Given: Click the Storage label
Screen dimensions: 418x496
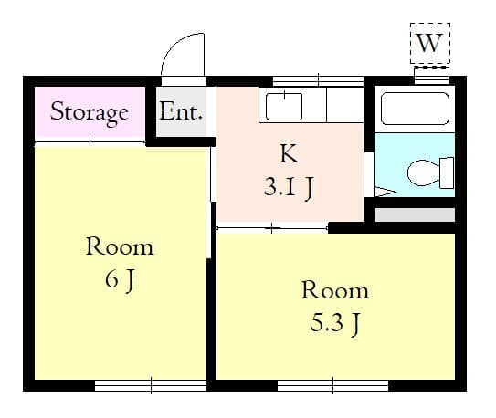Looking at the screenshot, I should pos(89,112).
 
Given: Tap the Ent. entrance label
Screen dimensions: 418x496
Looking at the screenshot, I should pos(182,112).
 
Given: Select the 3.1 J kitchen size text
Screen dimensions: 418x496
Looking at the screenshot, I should pos(289,188).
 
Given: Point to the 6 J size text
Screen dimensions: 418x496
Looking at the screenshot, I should pos(120,279).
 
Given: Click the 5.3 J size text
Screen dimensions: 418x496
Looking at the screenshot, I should pos(335,323).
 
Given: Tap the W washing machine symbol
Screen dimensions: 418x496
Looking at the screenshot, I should pos(430,42).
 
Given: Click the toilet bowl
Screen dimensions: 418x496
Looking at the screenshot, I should pos(423,171).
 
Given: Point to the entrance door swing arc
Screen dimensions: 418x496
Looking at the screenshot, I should pos(183,55).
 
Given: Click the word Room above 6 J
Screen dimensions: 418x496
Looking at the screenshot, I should pos(120,246).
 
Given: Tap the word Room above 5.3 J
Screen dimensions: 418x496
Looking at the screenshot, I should pos(335,291).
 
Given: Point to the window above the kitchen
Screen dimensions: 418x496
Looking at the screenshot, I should pos(317,80).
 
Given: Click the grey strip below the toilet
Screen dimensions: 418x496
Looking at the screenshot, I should pos(414,215).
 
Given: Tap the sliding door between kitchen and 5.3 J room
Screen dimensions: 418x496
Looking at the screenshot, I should pos(272,226).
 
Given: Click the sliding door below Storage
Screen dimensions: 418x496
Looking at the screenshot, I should pos(90,141).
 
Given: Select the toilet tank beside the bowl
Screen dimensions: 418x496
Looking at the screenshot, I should pos(447,171).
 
